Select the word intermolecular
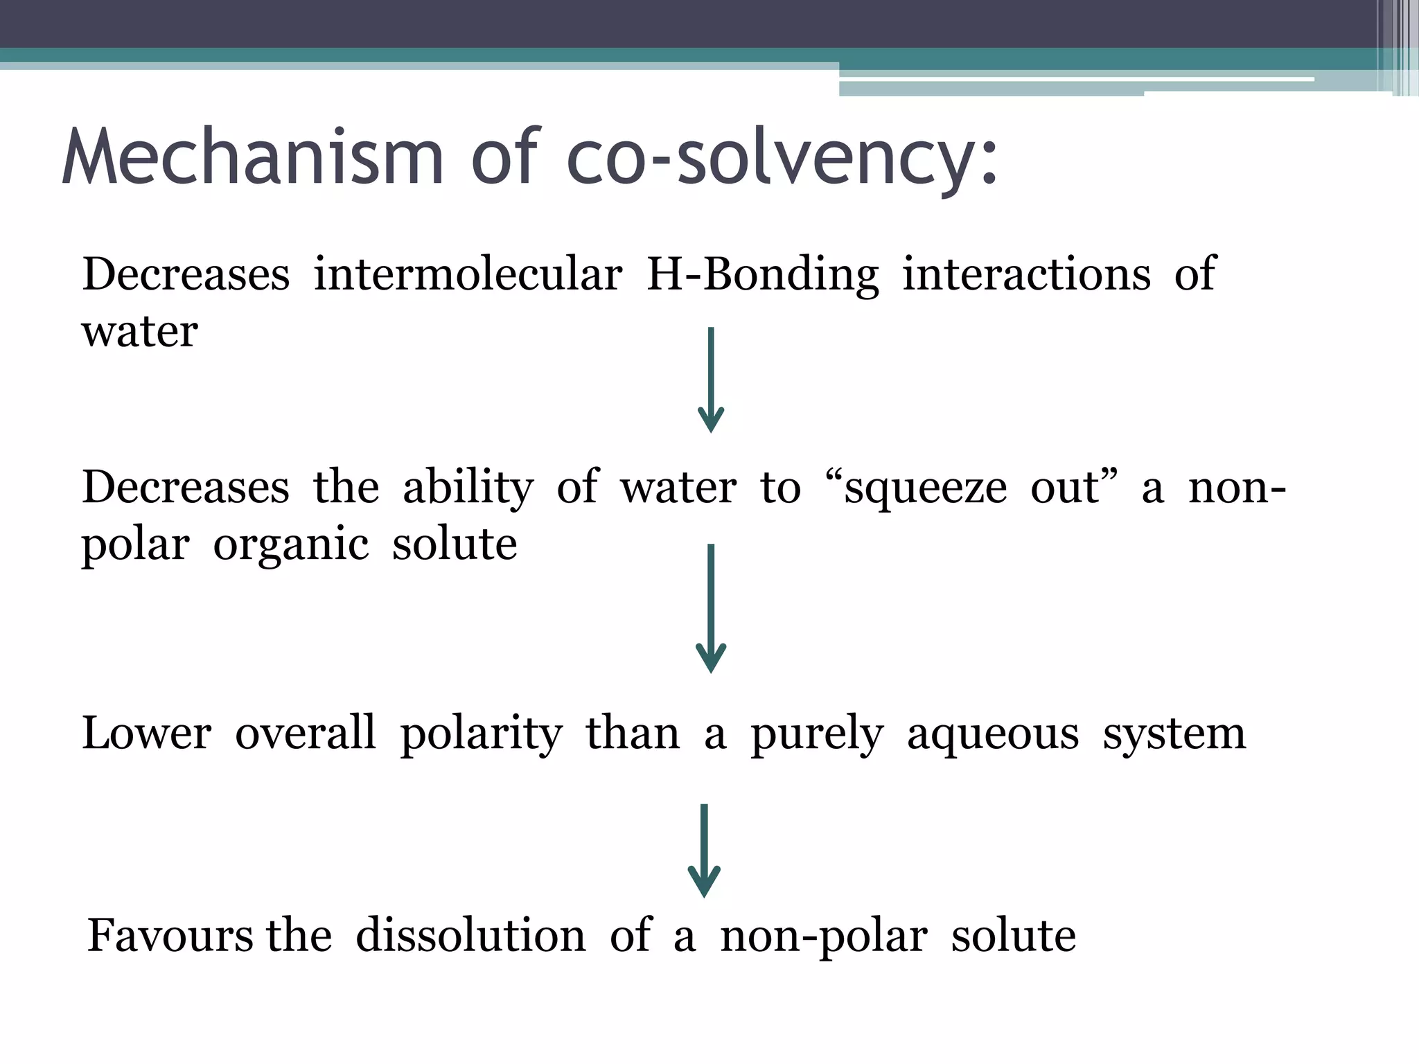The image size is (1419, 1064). coord(468,274)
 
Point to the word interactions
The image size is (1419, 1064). coord(1026,274)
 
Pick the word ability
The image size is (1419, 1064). coord(468,488)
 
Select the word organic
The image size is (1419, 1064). coord(291,545)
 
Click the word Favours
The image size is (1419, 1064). coord(170,936)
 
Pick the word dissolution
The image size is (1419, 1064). coord(470,936)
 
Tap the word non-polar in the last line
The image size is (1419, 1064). coord(823,937)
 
